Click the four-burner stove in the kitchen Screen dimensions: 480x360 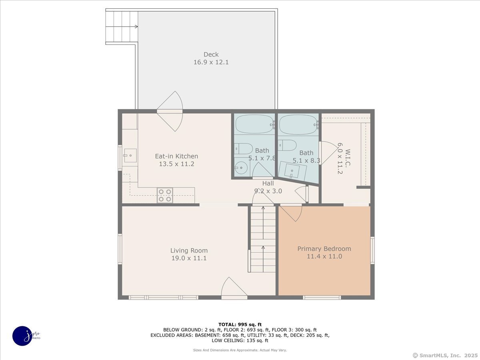pos(165,195)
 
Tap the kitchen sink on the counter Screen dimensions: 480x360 pos(130,156)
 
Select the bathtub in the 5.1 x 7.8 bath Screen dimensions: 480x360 pos(254,124)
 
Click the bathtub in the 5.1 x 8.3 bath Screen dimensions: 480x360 pos(298,124)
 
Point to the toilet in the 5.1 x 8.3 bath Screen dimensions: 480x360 pos(287,145)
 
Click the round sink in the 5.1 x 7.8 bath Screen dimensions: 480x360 pos(241,168)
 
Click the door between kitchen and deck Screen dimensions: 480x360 pos(170,111)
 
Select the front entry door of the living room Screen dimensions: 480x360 pos(234,288)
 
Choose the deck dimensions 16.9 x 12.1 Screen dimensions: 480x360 pos(211,62)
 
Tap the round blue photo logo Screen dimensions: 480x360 pos(22,336)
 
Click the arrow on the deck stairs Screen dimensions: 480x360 pos(122,27)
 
